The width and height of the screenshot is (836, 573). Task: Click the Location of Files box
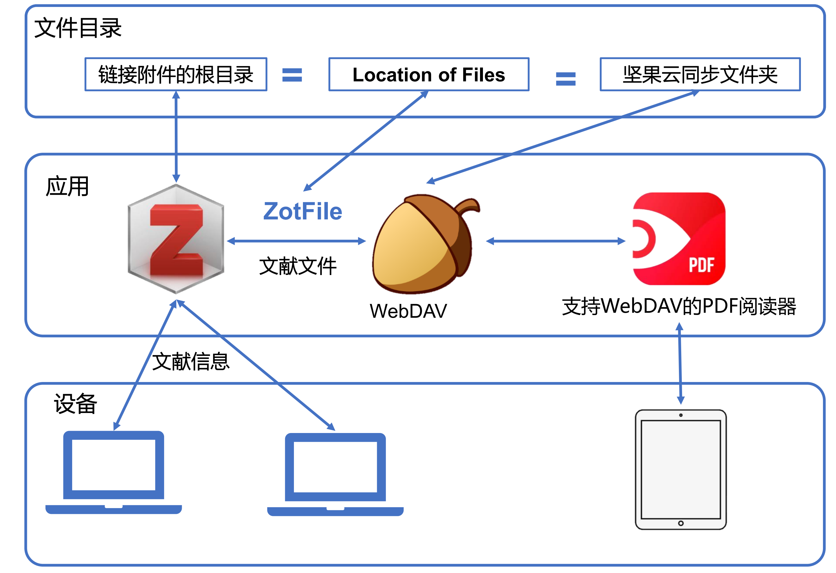click(x=428, y=74)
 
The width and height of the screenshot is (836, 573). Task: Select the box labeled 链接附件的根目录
click(x=176, y=74)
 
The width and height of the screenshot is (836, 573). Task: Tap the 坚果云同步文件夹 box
click(x=700, y=74)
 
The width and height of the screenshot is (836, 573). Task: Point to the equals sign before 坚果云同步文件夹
click(x=566, y=79)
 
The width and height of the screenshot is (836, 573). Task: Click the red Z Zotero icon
click(x=176, y=239)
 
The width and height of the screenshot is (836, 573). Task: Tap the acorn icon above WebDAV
click(x=423, y=245)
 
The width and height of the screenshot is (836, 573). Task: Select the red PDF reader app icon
click(x=679, y=239)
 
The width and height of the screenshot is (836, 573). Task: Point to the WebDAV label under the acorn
click(x=408, y=311)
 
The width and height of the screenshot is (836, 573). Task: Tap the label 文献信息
click(x=191, y=361)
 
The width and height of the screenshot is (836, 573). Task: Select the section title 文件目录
click(x=78, y=28)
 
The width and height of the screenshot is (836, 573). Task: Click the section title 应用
click(x=67, y=186)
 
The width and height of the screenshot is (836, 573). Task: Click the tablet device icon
click(x=680, y=470)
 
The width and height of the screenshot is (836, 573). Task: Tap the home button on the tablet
click(x=681, y=523)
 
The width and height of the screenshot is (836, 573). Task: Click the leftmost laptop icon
click(x=113, y=471)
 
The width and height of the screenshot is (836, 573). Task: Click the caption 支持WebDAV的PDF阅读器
click(x=679, y=306)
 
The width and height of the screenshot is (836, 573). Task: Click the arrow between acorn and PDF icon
click(x=555, y=241)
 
